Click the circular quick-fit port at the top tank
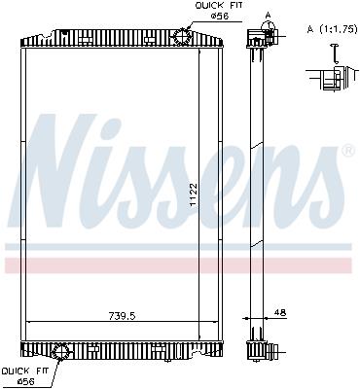point(182,34)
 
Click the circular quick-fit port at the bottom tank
point(60,352)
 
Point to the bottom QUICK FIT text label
point(21,371)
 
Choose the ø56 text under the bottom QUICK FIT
point(23,381)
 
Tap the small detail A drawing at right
point(329,77)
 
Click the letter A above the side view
point(267,15)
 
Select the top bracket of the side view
point(259,38)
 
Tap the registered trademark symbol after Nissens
point(347,152)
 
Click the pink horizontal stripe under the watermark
point(180,265)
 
